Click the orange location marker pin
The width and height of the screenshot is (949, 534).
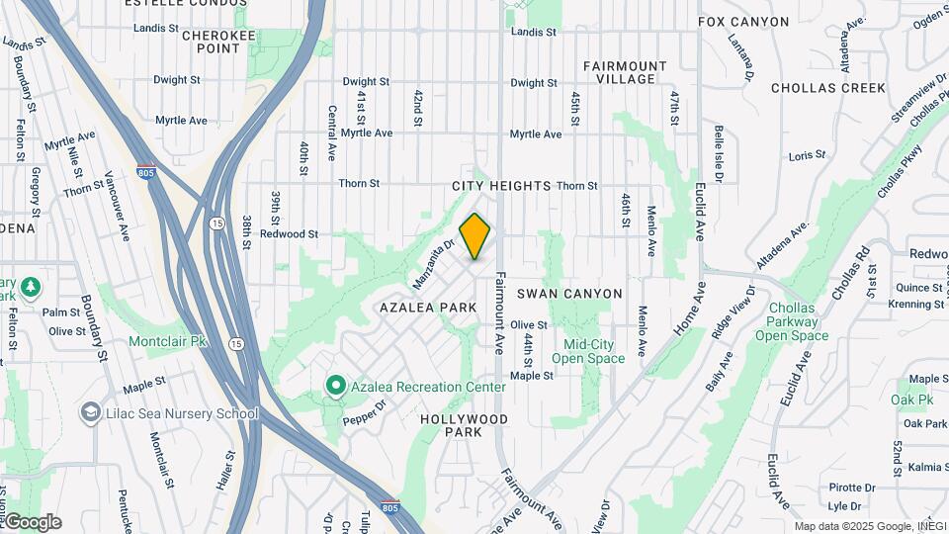[x=475, y=236]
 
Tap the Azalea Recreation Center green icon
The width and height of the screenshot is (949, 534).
[x=335, y=386]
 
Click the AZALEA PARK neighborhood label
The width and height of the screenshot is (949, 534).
[x=428, y=308]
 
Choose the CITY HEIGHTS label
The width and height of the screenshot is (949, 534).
[x=501, y=186]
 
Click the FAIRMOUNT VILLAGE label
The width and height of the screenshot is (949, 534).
[x=625, y=72]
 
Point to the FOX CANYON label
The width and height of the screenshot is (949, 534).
[x=743, y=22]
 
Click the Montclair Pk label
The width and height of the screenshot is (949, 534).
[x=167, y=341]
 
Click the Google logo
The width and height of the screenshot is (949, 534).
[x=32, y=522]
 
